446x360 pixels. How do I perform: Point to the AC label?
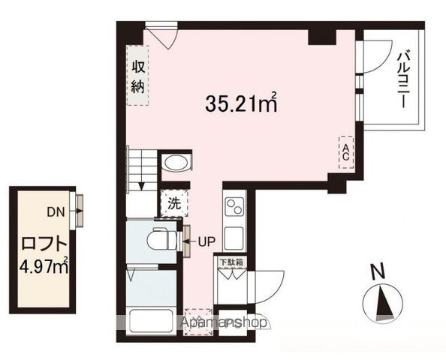click(346, 152)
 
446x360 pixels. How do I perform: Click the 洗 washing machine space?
click(173, 202)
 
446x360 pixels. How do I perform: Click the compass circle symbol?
click(381, 303)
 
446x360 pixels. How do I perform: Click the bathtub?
click(151, 322)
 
